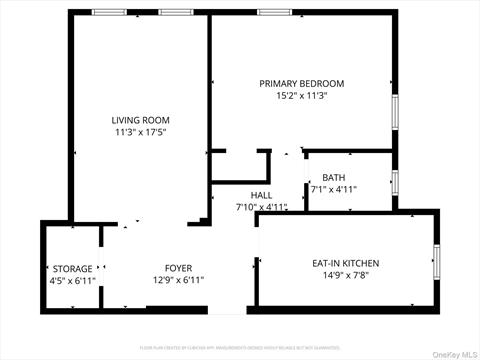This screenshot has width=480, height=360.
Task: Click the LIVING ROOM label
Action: [x=141, y=120]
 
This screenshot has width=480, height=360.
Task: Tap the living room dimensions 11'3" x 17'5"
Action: [x=141, y=132]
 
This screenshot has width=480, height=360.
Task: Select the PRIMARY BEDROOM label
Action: [x=302, y=84]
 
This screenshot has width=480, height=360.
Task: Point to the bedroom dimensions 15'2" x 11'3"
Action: [x=302, y=96]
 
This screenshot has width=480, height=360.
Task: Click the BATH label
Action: [x=333, y=177]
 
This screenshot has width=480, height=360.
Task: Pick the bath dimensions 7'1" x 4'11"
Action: [x=333, y=189]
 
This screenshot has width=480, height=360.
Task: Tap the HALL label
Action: [x=261, y=195]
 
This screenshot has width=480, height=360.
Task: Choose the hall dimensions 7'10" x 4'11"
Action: [x=261, y=207]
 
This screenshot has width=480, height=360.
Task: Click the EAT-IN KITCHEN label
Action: [x=344, y=263]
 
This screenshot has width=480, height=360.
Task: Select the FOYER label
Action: [x=178, y=268]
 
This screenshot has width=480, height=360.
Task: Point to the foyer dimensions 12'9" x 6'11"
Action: [x=178, y=280]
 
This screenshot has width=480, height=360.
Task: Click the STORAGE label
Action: [x=72, y=268]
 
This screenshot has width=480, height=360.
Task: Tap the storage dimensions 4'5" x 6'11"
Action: [x=72, y=280]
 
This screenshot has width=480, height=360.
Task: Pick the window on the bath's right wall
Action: [x=395, y=183]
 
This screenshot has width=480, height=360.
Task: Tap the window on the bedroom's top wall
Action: [x=273, y=12]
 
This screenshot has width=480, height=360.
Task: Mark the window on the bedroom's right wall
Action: [x=395, y=111]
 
